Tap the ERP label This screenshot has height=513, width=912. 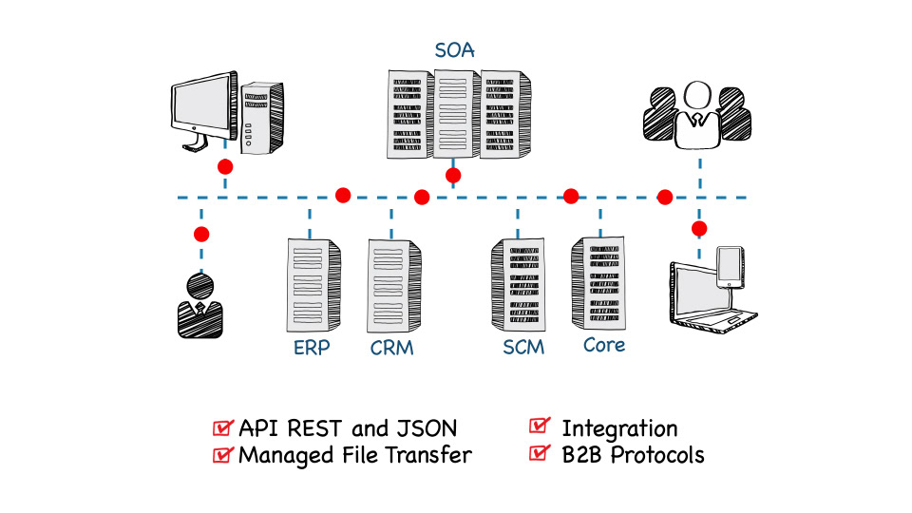tap(312, 348)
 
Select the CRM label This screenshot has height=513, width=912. tap(392, 348)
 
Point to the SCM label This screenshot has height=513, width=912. tap(523, 347)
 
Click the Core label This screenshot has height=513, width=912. tap(604, 344)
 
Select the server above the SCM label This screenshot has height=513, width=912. tap(518, 284)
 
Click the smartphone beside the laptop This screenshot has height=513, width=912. tap(729, 266)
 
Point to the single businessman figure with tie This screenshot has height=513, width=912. tap(199, 306)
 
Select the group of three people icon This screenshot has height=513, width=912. tap(697, 115)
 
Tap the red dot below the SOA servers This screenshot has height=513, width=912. tap(453, 176)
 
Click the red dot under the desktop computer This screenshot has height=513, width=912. tap(225, 166)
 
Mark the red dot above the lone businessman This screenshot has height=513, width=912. tap(200, 234)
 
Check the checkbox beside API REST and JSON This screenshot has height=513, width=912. tap(224, 427)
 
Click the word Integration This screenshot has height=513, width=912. tap(619, 428)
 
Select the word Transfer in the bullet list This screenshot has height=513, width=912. tap(429, 454)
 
